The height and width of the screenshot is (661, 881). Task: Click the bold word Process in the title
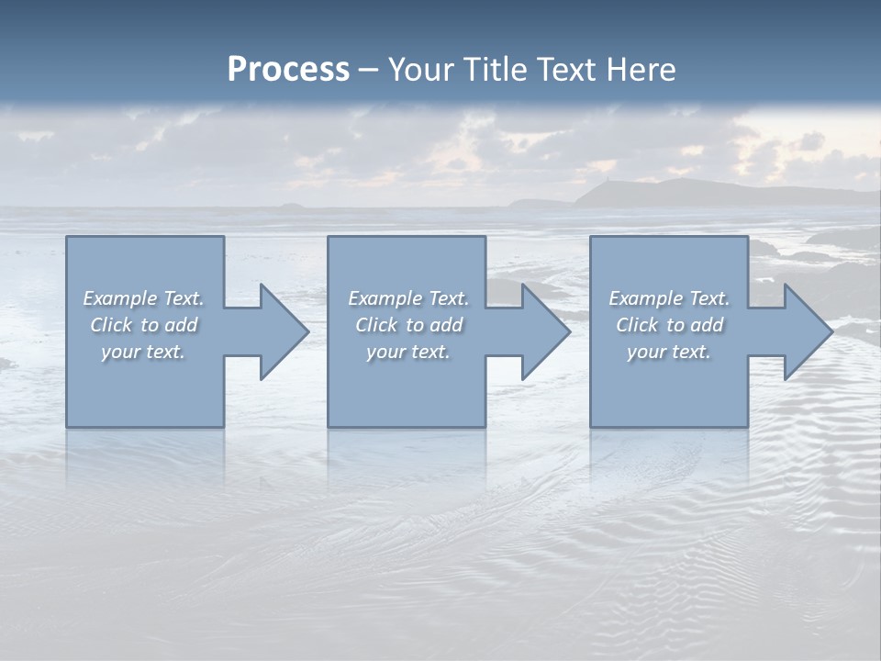[288, 70]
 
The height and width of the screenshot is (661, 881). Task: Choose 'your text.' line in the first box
[143, 352]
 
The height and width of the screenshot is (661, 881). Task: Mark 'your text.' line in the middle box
[407, 352]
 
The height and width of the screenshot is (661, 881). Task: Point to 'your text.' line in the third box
[668, 352]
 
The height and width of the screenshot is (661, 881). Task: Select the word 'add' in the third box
[708, 325]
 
